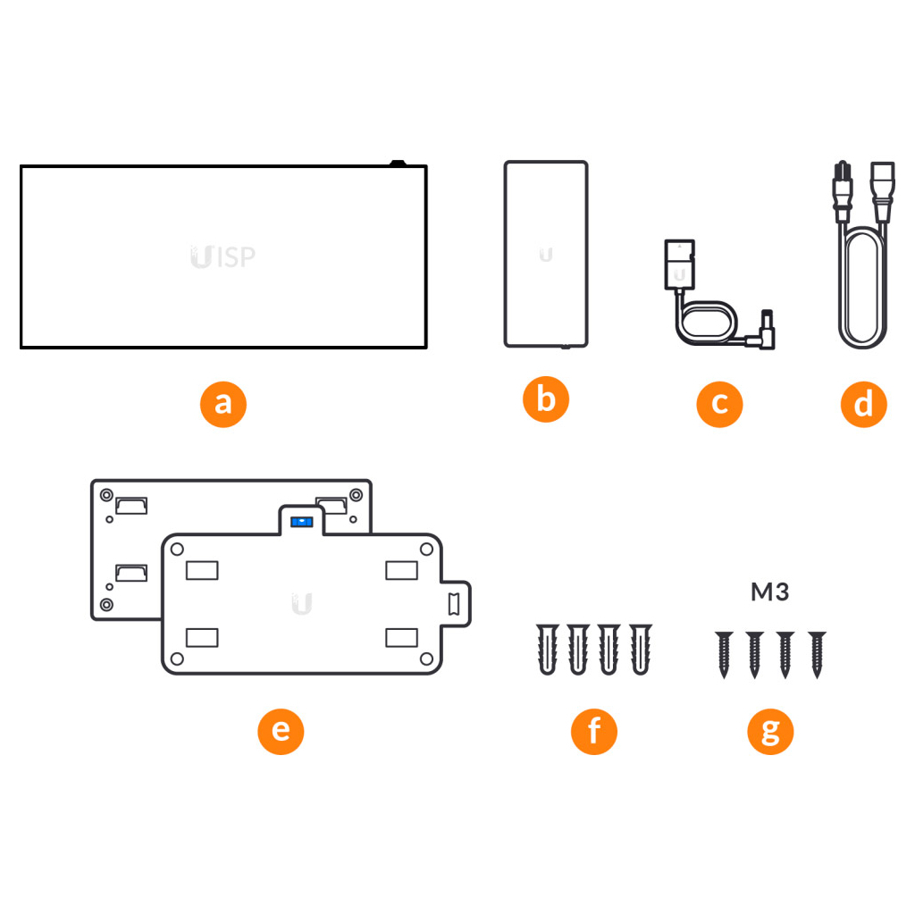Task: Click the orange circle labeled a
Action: (222, 405)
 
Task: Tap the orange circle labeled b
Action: (546, 399)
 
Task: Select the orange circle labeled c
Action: (719, 405)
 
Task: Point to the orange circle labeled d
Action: (864, 405)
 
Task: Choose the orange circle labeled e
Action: (281, 731)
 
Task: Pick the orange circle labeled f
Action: (594, 731)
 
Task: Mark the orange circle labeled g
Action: (770, 731)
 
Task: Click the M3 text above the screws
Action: (769, 592)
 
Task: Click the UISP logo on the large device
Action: (222, 256)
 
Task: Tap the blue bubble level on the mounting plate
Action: (302, 521)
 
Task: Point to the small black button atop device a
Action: (398, 163)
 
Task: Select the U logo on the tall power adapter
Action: (546, 255)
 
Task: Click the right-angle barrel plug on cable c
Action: (764, 331)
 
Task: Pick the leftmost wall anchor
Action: (548, 650)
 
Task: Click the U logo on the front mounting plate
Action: (302, 604)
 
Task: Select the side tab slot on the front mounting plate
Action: (453, 604)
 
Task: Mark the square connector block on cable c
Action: (680, 264)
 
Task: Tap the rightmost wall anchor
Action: (640, 650)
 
